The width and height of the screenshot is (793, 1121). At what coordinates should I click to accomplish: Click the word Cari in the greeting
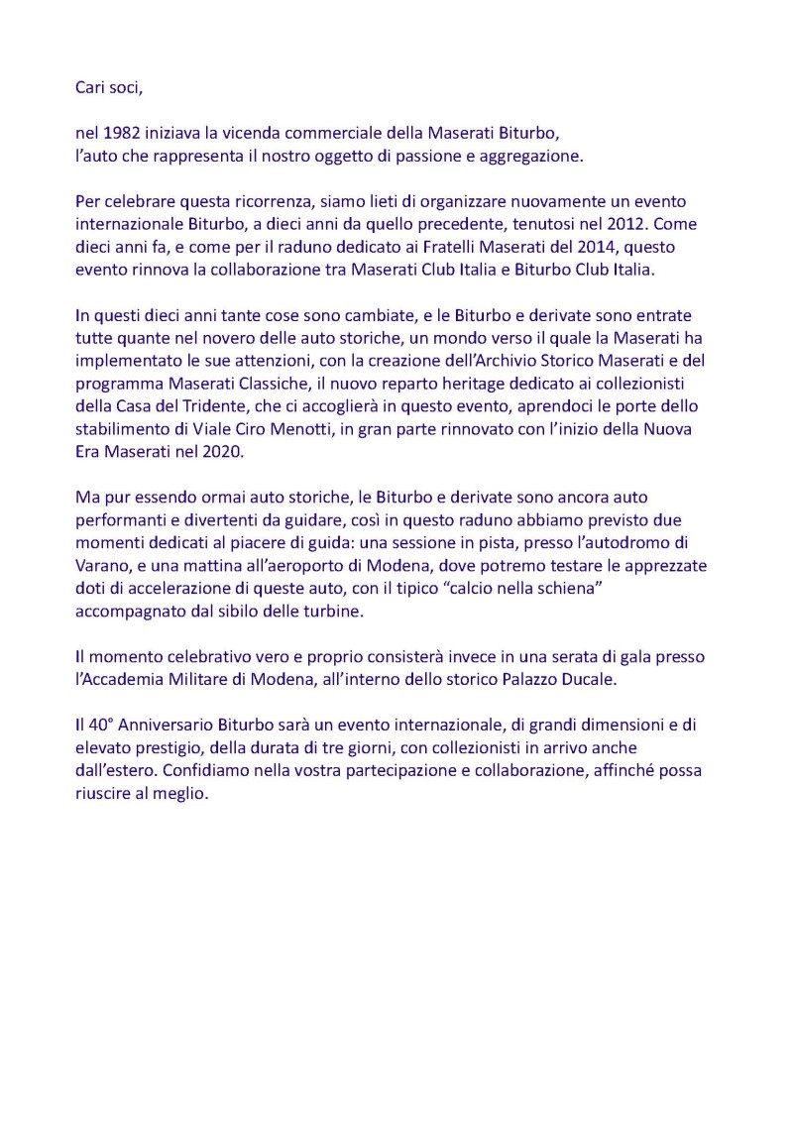(91, 87)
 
